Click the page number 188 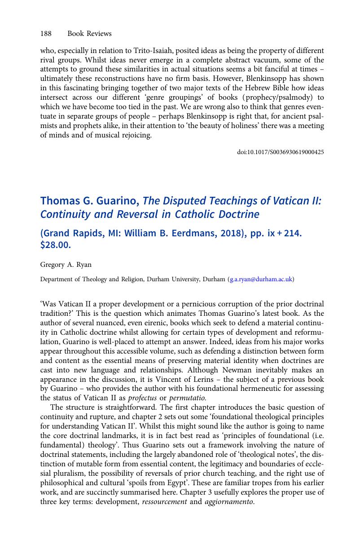(46, 34)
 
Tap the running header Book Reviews (89, 34)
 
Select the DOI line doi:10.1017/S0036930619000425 (280, 152)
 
